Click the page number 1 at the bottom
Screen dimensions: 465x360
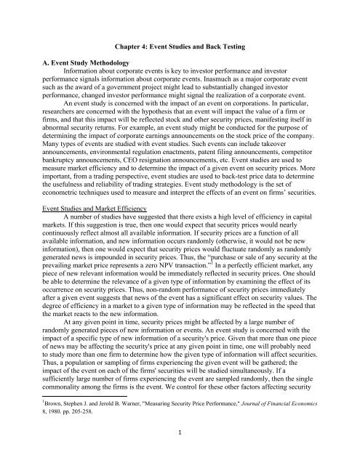180,450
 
